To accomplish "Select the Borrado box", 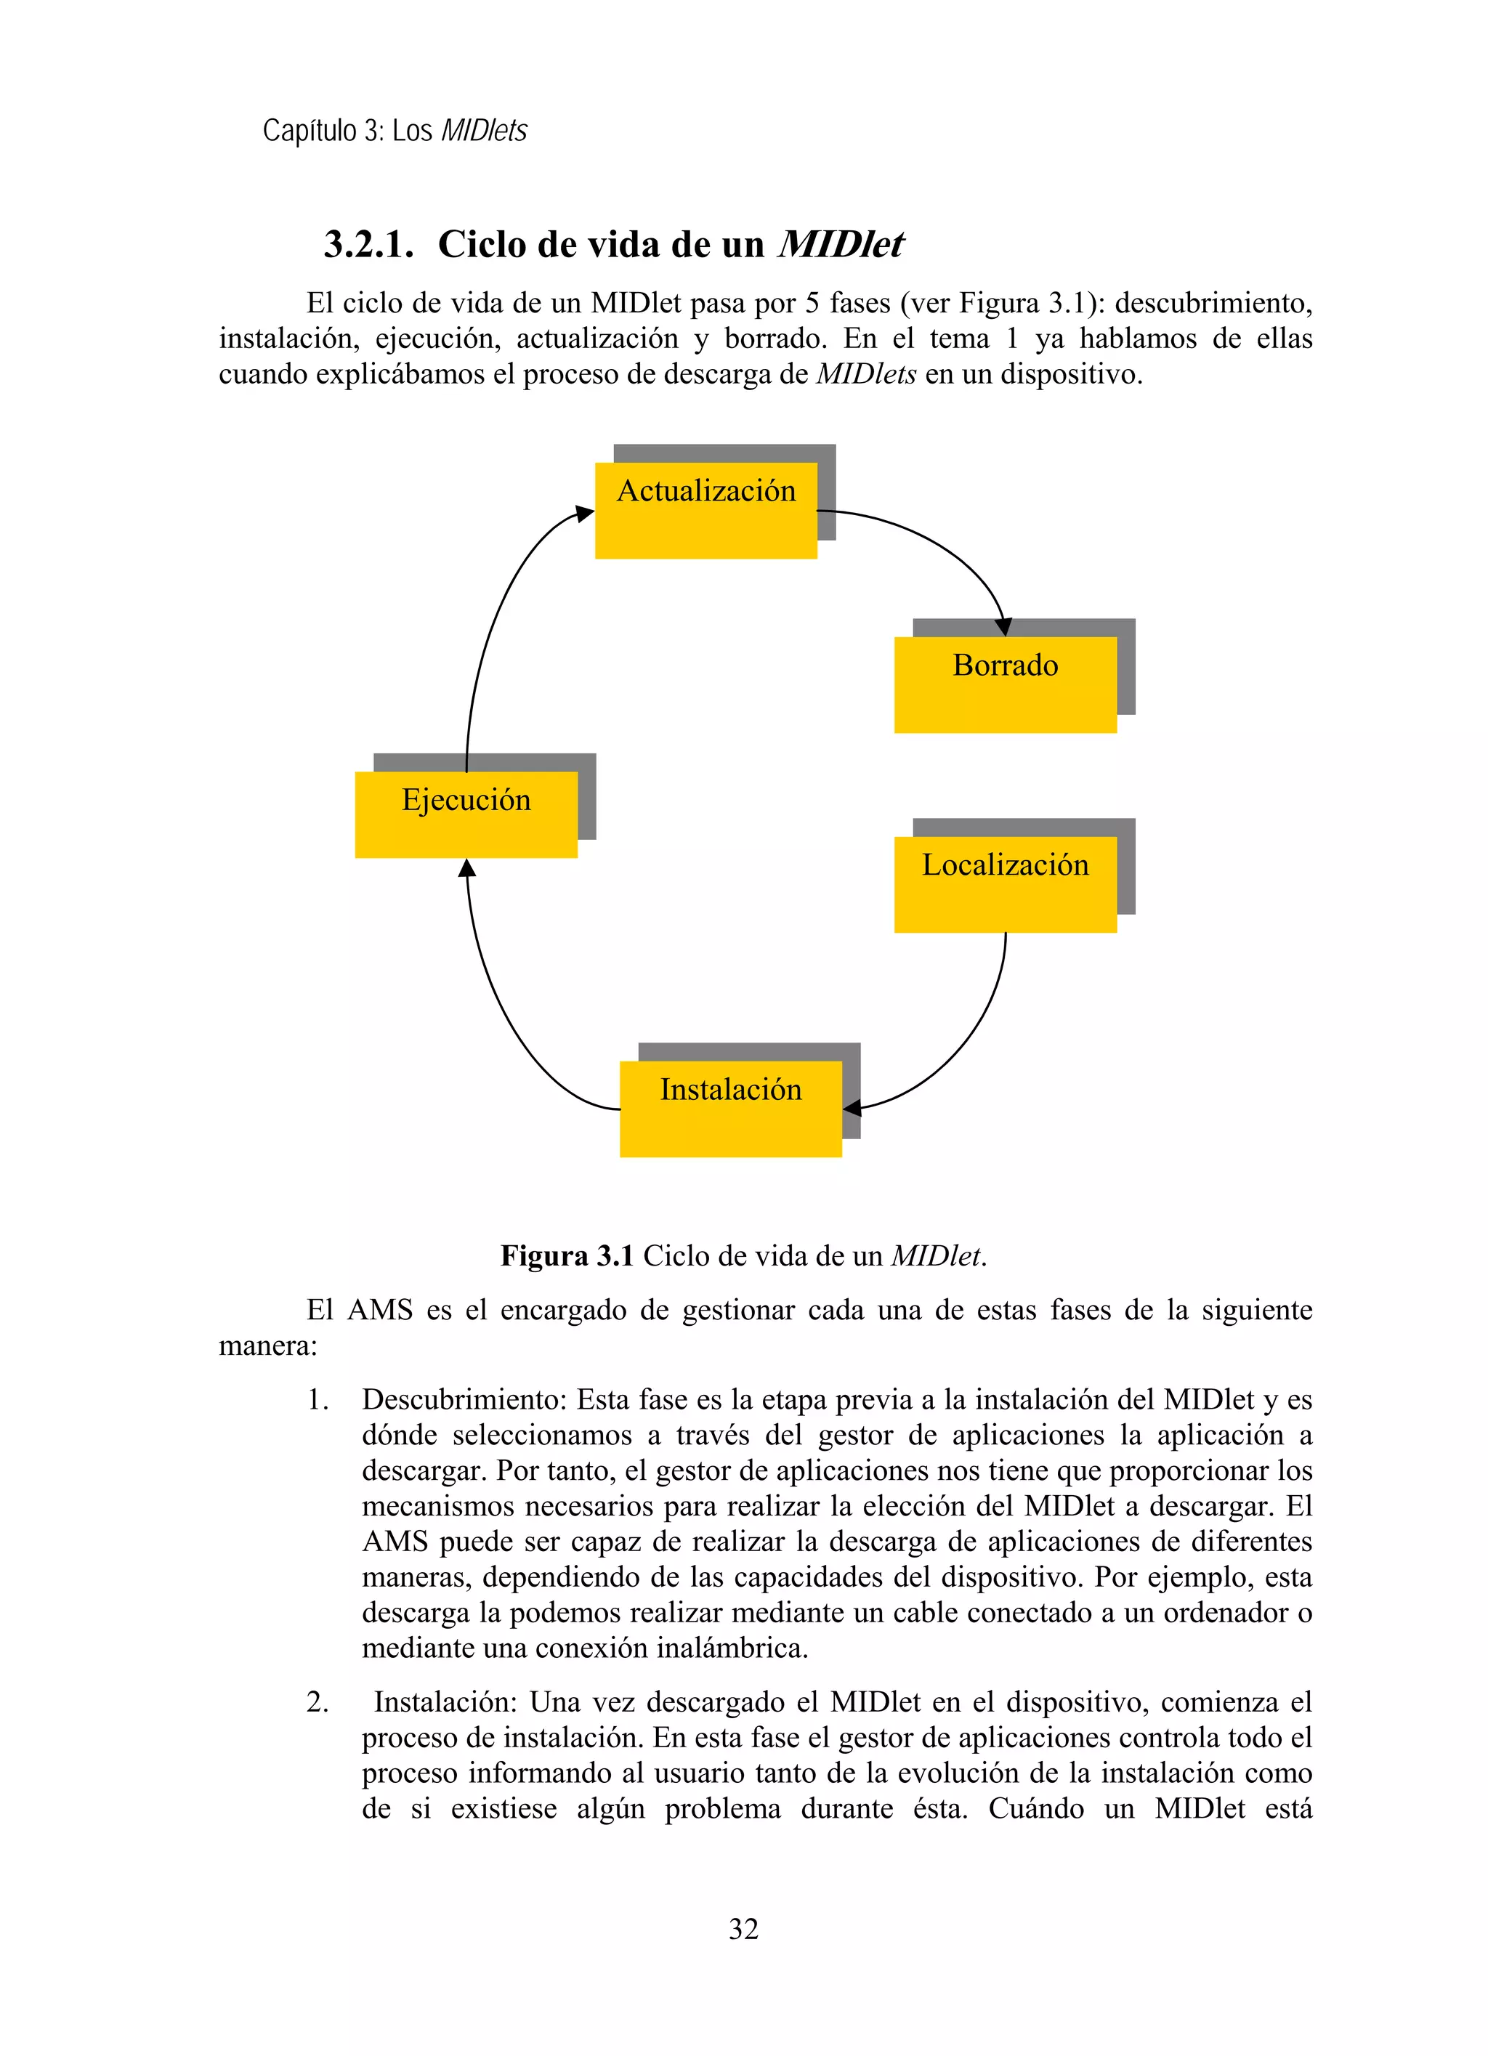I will (1005, 684).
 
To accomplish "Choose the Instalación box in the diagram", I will (730, 1108).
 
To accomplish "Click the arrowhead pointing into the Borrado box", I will (1003, 626).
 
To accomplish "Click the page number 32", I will (743, 1928).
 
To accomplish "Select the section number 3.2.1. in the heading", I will (369, 245).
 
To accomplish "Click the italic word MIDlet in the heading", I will (841, 245).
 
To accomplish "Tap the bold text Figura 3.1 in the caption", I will (567, 1255).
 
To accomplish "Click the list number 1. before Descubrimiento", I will (318, 1400).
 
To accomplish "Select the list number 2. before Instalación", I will (318, 1701).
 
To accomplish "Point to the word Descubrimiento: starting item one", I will (464, 1400).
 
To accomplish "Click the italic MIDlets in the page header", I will (483, 131).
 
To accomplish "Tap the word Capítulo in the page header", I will (310, 131).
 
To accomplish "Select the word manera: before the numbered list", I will (268, 1346).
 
